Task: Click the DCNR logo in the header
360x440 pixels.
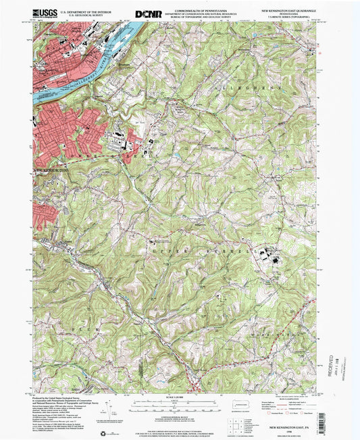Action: coord(148,13)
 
